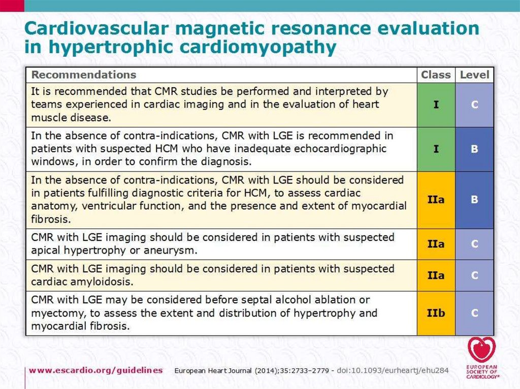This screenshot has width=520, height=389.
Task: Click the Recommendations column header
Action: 84,75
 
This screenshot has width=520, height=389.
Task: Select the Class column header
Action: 436,75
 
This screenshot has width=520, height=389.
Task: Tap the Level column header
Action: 474,75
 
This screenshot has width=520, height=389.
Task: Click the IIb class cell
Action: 436,313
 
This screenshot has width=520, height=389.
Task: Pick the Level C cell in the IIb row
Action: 474,313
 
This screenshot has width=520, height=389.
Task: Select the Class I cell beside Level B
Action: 436,149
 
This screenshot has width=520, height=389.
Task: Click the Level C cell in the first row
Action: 474,105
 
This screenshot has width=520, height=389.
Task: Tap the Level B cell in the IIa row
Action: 474,200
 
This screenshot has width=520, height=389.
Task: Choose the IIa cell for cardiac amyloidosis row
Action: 436,275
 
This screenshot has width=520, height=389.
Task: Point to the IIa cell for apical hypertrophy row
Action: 436,244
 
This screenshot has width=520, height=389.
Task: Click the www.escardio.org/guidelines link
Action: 96,370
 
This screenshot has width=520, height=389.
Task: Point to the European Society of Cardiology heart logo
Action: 481,349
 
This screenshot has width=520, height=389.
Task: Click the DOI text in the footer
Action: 394,370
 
